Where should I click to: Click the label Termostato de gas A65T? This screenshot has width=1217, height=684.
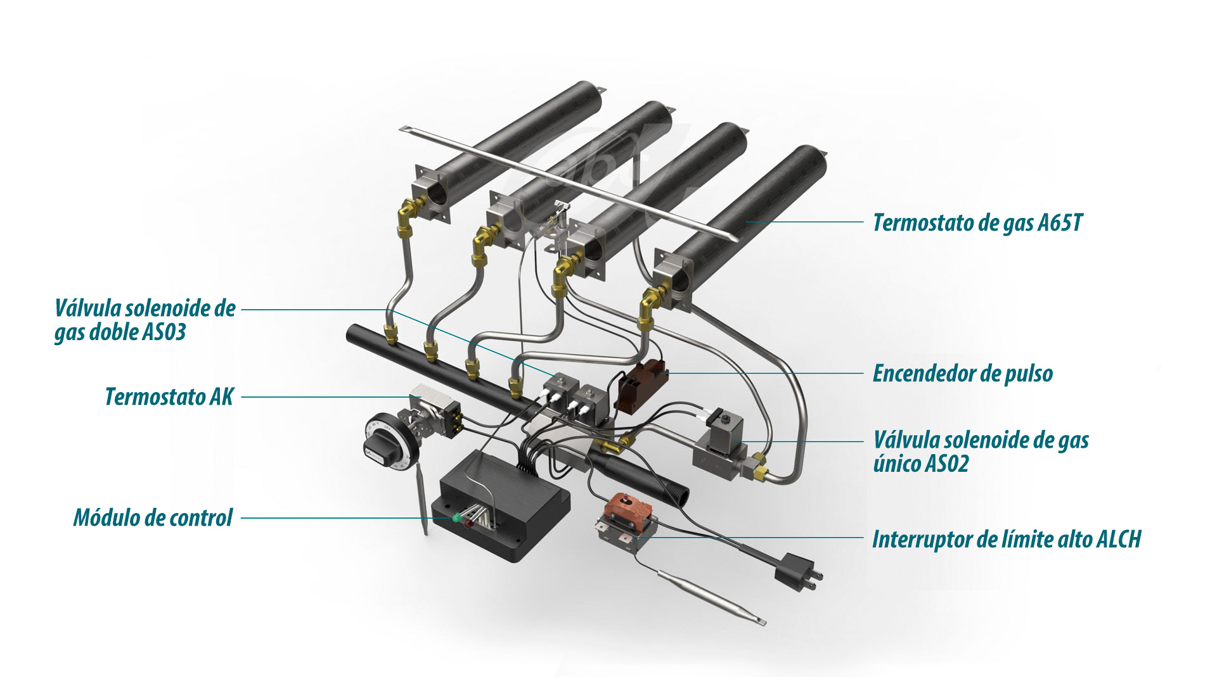(x=977, y=223)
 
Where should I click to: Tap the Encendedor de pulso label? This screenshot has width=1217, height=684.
(x=962, y=374)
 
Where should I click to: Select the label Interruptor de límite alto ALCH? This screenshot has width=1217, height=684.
(x=1006, y=540)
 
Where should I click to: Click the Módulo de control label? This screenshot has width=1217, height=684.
(x=153, y=518)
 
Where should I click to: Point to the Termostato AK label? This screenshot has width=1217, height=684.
(x=169, y=397)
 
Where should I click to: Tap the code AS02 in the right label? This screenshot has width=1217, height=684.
(x=947, y=464)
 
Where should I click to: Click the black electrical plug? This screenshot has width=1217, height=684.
(x=795, y=570)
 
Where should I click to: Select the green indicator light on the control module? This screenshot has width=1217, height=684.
(x=456, y=518)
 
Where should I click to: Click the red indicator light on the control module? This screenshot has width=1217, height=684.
(x=468, y=524)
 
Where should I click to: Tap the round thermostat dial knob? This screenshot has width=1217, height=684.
(x=384, y=438)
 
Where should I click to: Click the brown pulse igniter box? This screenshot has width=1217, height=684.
(x=640, y=385)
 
